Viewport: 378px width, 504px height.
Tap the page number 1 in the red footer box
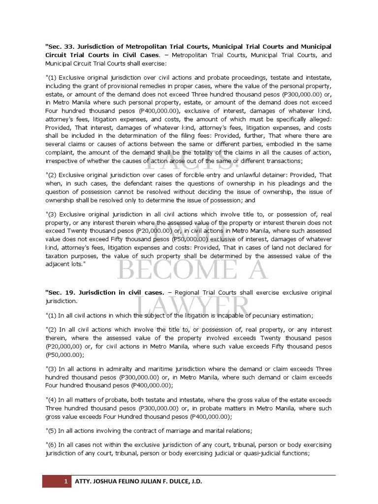[66, 482]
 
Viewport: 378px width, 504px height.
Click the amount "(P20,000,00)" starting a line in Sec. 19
[63, 346]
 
